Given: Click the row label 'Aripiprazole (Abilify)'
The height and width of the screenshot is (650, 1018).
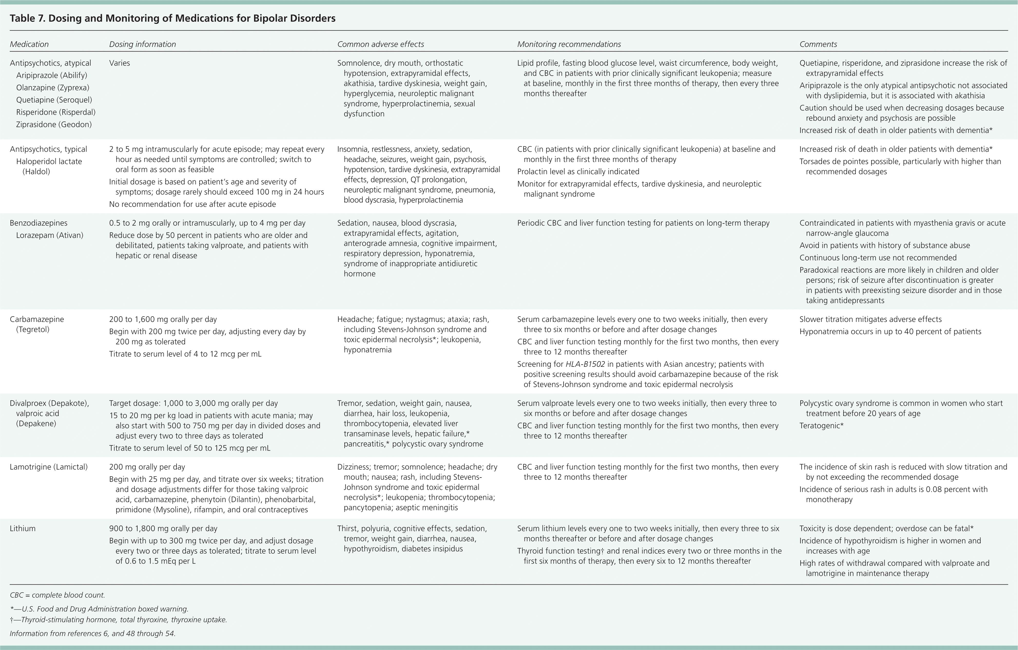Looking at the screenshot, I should coord(52,75).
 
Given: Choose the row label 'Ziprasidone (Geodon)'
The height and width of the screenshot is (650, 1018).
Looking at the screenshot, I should coord(54,124).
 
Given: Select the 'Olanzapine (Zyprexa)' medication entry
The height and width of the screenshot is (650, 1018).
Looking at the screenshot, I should coord(52,87).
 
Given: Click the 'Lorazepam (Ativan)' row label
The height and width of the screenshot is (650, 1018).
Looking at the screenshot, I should coord(50,235).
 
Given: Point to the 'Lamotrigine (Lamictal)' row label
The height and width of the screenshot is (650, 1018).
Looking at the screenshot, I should coord(49,467).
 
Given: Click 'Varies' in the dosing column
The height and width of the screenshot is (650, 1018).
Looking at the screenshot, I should coord(119,63).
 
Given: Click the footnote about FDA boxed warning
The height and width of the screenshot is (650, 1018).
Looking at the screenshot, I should coord(99,609).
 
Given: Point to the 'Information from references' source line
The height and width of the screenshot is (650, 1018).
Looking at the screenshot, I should coord(92,634).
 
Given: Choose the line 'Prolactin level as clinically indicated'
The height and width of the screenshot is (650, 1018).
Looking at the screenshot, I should coord(578,171).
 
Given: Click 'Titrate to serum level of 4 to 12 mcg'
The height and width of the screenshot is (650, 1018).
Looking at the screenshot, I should coord(185,354).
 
